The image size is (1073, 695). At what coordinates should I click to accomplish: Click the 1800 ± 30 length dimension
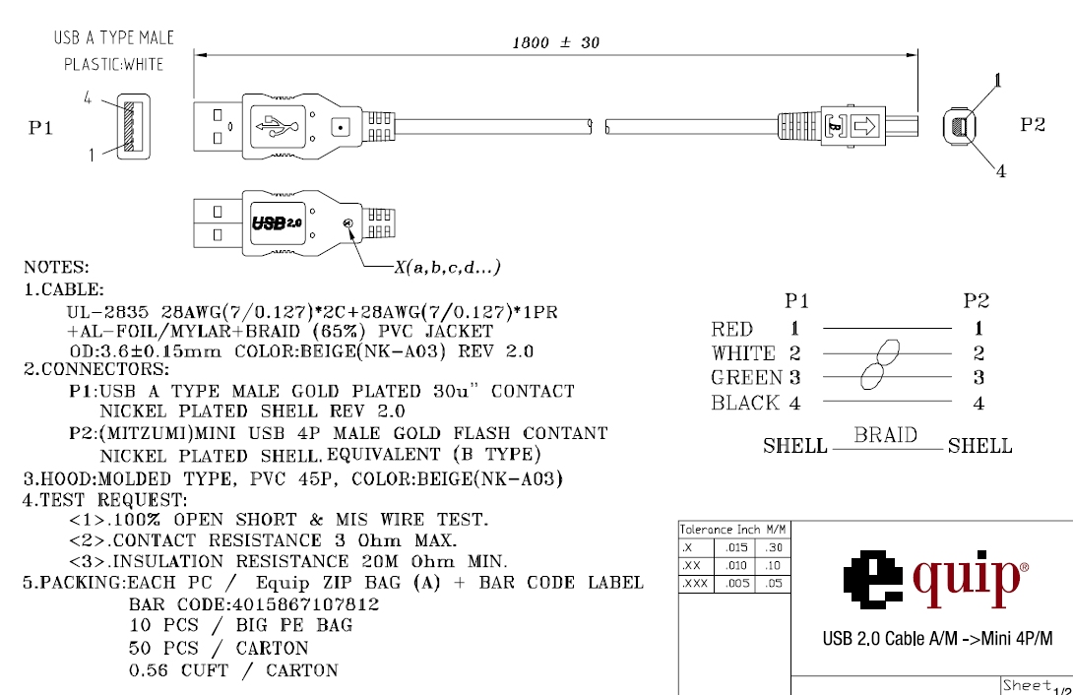click(556, 42)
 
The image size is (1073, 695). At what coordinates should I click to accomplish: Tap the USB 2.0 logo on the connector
click(278, 223)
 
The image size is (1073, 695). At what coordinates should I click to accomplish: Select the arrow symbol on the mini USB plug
click(864, 126)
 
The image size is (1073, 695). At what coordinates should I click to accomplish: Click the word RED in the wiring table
click(732, 330)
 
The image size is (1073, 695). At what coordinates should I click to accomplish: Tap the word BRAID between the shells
click(886, 435)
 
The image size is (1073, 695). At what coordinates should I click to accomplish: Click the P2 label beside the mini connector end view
click(1033, 125)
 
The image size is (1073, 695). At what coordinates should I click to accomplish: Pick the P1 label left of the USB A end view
click(40, 129)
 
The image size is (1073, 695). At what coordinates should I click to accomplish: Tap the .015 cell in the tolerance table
click(735, 547)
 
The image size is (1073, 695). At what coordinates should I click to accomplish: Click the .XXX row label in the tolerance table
click(695, 584)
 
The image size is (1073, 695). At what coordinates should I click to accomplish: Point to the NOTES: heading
click(56, 267)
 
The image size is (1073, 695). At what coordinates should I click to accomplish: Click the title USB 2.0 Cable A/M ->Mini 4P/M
click(937, 639)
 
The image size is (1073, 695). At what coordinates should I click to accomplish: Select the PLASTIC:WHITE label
click(114, 65)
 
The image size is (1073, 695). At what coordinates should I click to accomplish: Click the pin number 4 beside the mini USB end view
click(1001, 171)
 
